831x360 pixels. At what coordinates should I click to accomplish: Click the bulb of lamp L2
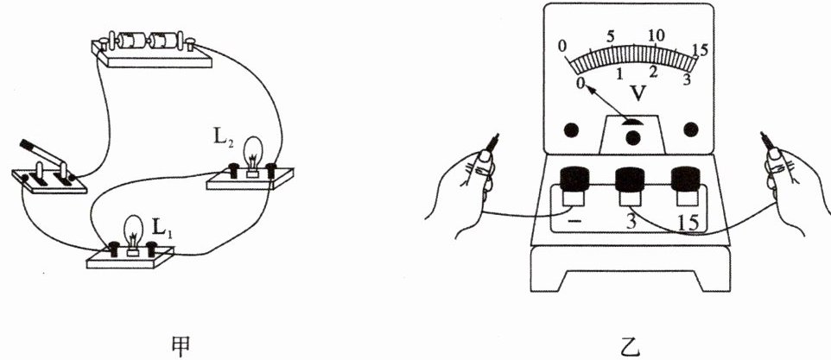click(x=254, y=152)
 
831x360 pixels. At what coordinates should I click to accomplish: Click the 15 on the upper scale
click(x=700, y=49)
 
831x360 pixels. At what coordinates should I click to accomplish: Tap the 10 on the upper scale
click(x=657, y=35)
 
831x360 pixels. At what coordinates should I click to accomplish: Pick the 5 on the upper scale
click(x=610, y=36)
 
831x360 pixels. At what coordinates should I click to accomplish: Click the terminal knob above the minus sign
click(x=574, y=180)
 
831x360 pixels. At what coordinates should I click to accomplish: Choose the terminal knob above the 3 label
click(x=631, y=180)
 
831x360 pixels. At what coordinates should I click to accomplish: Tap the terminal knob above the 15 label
click(x=688, y=180)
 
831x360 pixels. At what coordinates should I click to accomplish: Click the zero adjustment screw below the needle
click(x=633, y=136)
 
